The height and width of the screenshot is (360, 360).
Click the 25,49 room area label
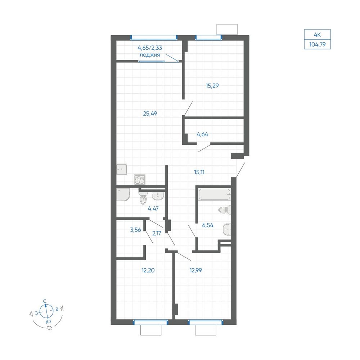pos(150,113)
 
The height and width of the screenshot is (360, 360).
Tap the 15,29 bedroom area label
pos(212,86)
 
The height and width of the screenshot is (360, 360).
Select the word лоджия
pos(150,55)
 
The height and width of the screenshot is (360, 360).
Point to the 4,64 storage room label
pos(202,134)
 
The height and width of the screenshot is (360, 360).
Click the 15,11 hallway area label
pos(199,172)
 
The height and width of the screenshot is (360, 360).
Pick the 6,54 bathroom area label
pos(208,225)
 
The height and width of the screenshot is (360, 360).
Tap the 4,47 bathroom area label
pos(153,209)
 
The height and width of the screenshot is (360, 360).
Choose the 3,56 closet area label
pos(135,230)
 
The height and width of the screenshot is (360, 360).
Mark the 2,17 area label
pos(157,234)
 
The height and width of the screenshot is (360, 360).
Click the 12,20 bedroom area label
pos(148,270)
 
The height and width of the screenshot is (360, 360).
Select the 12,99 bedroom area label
pos(195,270)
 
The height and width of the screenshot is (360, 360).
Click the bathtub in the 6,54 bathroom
pos(215,194)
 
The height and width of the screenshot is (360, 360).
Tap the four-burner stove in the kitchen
pos(140,180)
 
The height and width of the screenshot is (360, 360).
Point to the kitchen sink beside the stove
pos(122,170)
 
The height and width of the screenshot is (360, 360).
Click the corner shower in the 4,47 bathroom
pos(123,194)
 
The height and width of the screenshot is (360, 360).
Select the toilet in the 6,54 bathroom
pos(225,210)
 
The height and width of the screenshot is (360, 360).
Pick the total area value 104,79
pos(317,44)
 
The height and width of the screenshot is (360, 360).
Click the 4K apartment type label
pos(317,35)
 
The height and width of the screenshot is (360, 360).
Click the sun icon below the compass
pos(49,328)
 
